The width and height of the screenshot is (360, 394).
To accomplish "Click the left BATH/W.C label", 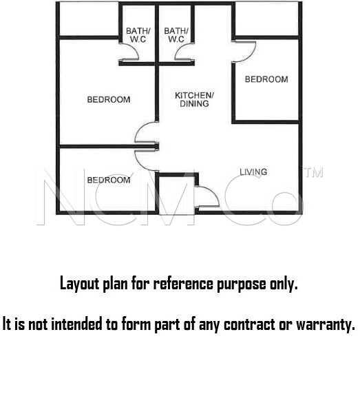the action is click(138, 35).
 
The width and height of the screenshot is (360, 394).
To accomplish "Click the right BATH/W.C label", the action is click(176, 35).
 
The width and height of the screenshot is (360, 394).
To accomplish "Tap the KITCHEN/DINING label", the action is click(194, 99).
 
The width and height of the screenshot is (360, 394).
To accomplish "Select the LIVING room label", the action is click(253, 172).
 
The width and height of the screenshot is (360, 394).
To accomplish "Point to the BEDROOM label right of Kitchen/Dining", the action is click(266, 79).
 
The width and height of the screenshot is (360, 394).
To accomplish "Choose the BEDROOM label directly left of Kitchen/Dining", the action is click(109, 99).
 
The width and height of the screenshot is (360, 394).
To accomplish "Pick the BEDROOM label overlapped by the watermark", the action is click(109, 180).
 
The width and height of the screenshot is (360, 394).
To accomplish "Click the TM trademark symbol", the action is click(314, 173).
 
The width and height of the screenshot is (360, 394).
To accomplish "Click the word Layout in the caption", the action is click(80, 284).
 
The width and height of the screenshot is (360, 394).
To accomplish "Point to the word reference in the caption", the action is click(183, 283).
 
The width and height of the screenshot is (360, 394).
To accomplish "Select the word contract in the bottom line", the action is click(249, 324).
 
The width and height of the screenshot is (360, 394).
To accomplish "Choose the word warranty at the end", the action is click(326, 325).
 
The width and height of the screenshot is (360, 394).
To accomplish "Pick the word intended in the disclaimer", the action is click(77, 324).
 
